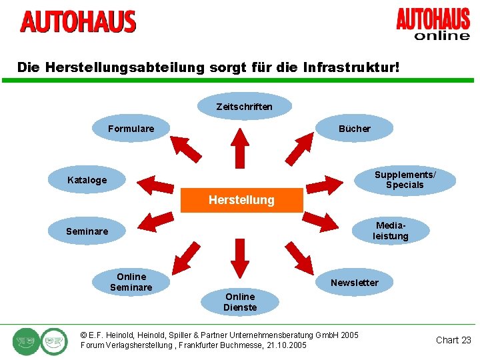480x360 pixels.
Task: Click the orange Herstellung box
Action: click(x=241, y=200)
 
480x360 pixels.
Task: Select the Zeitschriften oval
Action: click(x=244, y=107)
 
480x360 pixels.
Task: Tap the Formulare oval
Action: click(x=131, y=129)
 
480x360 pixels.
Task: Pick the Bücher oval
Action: click(x=354, y=129)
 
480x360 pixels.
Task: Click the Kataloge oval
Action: click(x=87, y=180)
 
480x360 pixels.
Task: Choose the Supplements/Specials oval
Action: click(x=405, y=180)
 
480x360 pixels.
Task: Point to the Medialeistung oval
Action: click(x=390, y=231)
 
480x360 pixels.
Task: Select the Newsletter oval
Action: click(x=354, y=283)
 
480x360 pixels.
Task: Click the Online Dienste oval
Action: click(x=240, y=302)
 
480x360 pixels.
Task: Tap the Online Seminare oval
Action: click(x=131, y=282)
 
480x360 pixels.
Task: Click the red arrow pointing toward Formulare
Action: click(x=186, y=149)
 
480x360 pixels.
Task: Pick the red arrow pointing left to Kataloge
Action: click(x=159, y=183)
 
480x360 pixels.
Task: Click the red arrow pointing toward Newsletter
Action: click(x=299, y=257)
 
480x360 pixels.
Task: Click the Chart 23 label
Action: click(x=453, y=340)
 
